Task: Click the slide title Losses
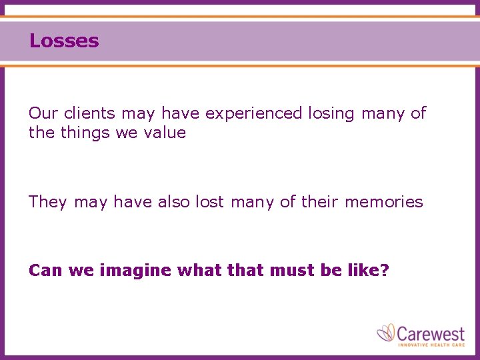tap(64, 41)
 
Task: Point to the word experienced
tap(253, 114)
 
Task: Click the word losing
tap(331, 114)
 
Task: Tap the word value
tap(165, 133)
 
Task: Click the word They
tap(48, 202)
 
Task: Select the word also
tap(174, 201)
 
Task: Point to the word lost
tap(210, 201)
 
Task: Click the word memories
tap(383, 201)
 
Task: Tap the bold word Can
tap(45, 271)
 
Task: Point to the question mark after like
tap(385, 271)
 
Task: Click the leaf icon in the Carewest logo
tap(386, 332)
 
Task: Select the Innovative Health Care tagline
tap(430, 344)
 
